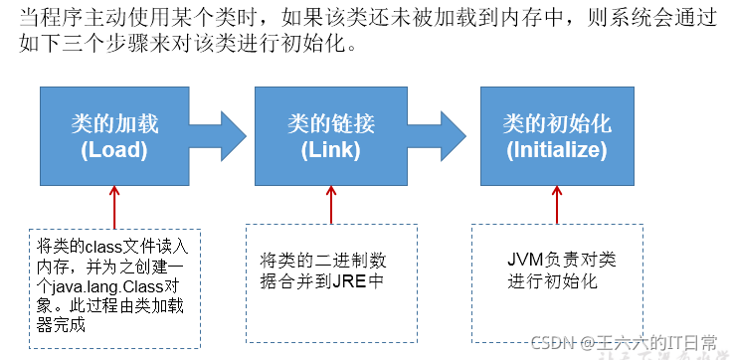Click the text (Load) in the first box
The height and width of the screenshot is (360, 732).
click(x=114, y=151)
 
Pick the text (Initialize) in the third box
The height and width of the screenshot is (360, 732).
click(x=556, y=151)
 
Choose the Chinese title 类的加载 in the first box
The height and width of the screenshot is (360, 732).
click(x=114, y=124)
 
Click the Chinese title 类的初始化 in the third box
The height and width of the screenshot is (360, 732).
click(x=556, y=124)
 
